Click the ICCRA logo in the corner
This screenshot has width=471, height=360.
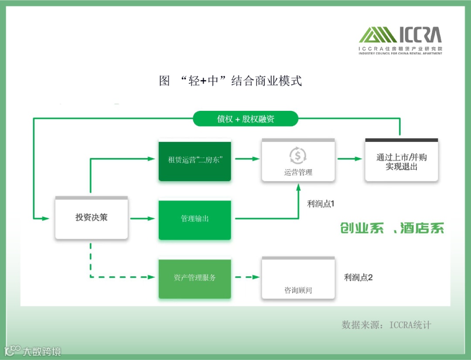(400, 40)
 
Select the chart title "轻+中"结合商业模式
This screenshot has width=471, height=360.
(231, 81)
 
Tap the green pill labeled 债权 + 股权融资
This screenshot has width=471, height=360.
(246, 119)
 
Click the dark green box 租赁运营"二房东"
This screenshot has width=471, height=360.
(195, 160)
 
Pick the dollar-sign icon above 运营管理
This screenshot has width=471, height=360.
(298, 155)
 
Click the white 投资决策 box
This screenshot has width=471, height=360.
(91, 217)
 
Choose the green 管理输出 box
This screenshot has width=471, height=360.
(195, 219)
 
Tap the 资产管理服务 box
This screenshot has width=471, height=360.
(195, 278)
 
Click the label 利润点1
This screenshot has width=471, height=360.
(321, 204)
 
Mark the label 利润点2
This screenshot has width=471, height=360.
(358, 277)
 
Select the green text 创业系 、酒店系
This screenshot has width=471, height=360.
(392, 228)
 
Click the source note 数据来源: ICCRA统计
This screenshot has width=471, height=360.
(386, 325)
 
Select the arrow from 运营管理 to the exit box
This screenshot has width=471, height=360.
(349, 159)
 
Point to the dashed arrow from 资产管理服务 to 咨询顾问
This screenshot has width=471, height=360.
(246, 277)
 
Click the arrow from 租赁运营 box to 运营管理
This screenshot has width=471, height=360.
(246, 159)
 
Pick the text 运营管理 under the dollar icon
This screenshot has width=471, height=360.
(298, 172)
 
